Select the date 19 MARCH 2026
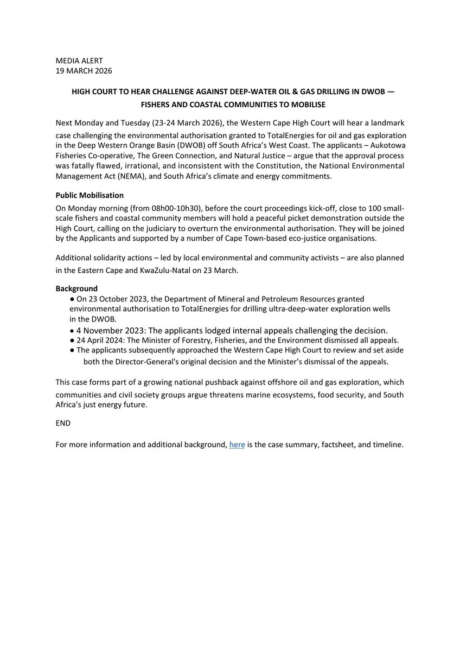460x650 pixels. (x=84, y=70)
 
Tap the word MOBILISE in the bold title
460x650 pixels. (x=304, y=104)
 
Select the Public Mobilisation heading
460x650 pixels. (x=90, y=195)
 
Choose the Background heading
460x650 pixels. (x=76, y=289)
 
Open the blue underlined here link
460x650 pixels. (x=237, y=445)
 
